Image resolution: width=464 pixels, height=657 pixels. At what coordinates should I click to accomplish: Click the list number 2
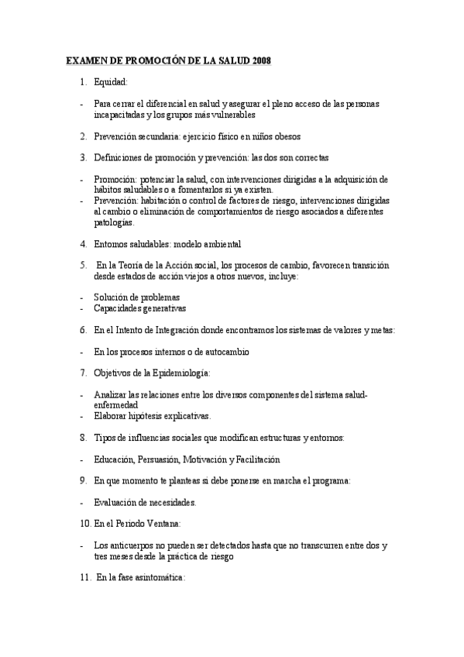pos(82,136)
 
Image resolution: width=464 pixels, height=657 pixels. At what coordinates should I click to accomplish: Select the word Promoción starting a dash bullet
pos(115,179)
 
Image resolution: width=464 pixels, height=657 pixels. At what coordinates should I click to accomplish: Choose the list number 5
pos(82,265)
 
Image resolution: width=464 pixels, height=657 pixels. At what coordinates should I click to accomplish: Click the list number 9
pos(82,480)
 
